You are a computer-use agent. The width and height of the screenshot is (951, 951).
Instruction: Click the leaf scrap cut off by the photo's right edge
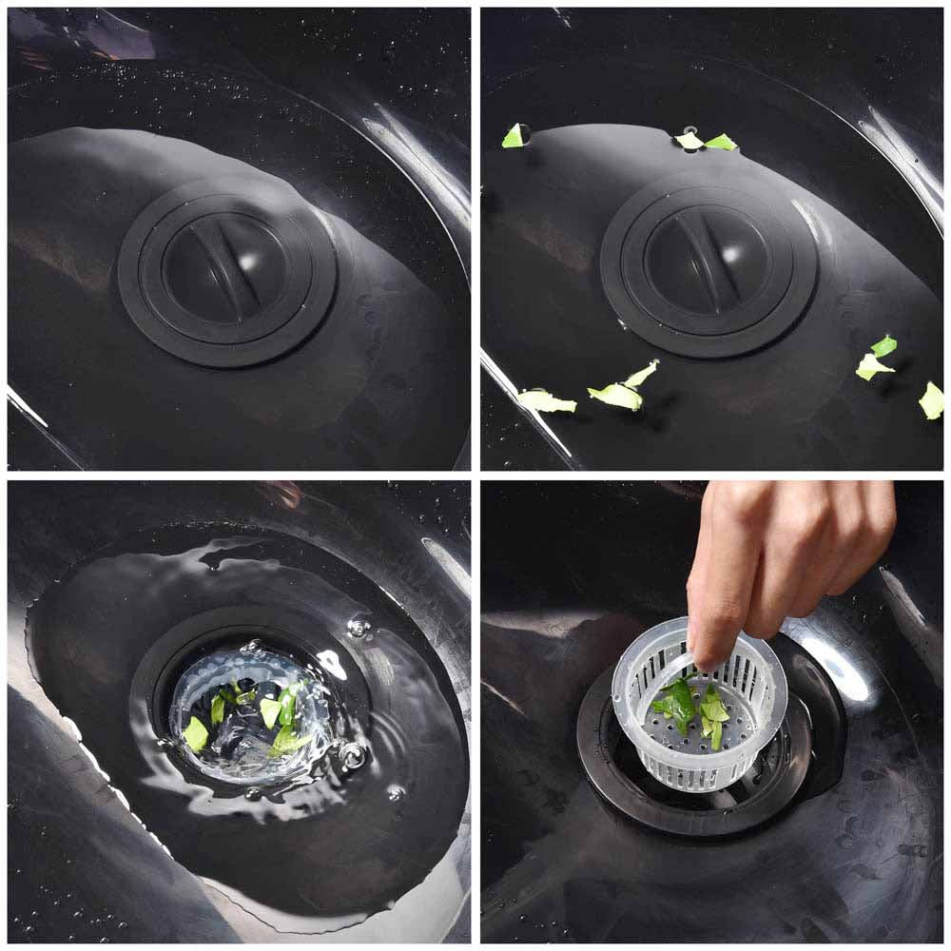[x=932, y=400]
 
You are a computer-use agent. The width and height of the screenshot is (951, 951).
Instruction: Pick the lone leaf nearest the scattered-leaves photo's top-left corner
[x=514, y=136]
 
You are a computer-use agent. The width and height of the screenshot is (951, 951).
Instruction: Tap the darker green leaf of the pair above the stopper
[x=721, y=143]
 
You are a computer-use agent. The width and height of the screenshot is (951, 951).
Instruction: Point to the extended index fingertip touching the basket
[x=708, y=656]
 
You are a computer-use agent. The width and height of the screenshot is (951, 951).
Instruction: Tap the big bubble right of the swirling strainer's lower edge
[x=353, y=756]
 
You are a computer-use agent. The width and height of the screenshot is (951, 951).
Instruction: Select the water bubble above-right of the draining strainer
[x=359, y=626]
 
